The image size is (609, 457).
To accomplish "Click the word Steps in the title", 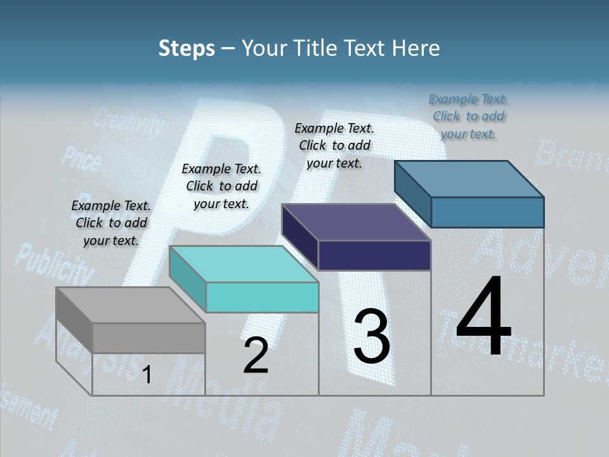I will (x=187, y=48).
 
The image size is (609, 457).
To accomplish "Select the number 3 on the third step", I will (x=372, y=336).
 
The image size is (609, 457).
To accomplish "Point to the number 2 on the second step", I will (x=256, y=356).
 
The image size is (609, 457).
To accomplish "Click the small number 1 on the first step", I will (x=147, y=375).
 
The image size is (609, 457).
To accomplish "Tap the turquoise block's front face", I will (x=262, y=297).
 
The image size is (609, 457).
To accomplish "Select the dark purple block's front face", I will (x=374, y=255).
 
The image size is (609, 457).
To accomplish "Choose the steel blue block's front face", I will (x=487, y=212).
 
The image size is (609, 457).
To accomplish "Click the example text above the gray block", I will (x=111, y=223).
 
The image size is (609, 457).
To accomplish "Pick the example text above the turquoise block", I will (x=221, y=186).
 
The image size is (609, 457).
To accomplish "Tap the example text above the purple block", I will (x=334, y=145).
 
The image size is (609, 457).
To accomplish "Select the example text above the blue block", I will (x=468, y=116).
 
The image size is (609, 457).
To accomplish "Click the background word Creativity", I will (x=128, y=123).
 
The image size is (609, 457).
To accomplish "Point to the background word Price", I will (x=80, y=159).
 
